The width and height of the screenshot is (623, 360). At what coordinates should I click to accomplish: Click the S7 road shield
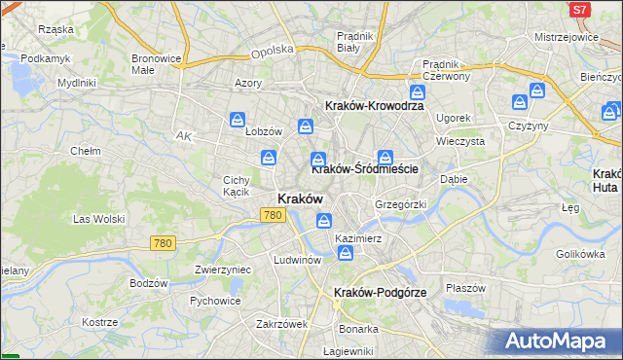pyautogui.click(x=579, y=10)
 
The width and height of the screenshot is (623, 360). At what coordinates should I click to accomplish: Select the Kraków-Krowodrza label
pyautogui.click(x=373, y=106)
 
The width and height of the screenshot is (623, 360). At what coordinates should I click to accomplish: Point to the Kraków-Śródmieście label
pyautogui.click(x=365, y=168)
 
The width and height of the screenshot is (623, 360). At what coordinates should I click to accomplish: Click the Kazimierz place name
pyautogui.click(x=357, y=237)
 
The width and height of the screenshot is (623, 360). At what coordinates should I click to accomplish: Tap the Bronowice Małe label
pyautogui.click(x=157, y=64)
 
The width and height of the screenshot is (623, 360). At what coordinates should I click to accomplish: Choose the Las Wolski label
pyautogui.click(x=99, y=219)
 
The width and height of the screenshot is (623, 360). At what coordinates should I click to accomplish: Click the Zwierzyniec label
pyautogui.click(x=224, y=270)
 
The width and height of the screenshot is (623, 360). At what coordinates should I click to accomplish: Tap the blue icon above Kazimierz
pyautogui.click(x=323, y=221)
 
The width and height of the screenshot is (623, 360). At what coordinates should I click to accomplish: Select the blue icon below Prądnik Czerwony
pyautogui.click(x=418, y=92)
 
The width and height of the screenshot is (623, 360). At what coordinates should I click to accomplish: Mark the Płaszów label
pyautogui.click(x=465, y=288)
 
